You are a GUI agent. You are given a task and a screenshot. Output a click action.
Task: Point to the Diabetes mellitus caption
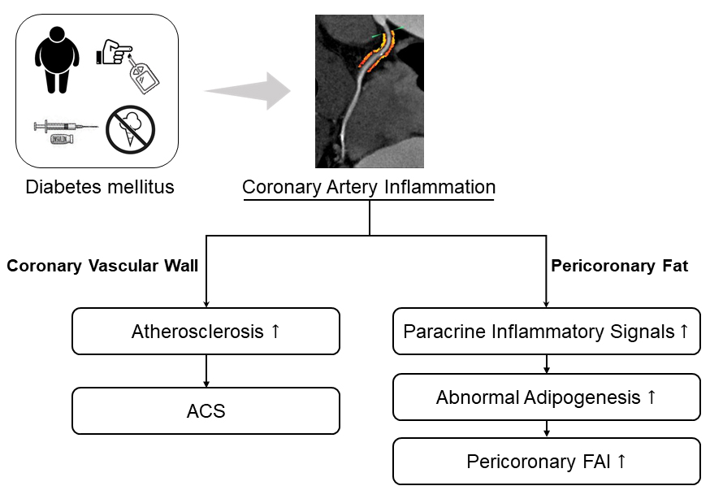(100, 188)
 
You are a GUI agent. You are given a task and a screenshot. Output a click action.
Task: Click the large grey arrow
(247, 90)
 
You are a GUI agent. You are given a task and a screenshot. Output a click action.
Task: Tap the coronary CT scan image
(369, 90)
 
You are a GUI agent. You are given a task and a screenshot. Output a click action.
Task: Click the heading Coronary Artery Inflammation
(369, 188)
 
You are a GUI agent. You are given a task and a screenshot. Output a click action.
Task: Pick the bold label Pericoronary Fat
(620, 266)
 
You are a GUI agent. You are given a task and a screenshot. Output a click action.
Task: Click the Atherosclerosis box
(206, 331)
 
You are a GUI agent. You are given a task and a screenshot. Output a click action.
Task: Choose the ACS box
(206, 410)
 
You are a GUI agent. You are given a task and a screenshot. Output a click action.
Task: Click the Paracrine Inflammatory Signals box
(547, 331)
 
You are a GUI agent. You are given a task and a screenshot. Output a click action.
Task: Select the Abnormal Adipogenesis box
(547, 397)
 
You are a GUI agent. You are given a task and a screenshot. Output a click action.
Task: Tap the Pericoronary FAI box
(547, 462)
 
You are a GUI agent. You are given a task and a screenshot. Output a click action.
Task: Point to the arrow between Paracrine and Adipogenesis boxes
(548, 364)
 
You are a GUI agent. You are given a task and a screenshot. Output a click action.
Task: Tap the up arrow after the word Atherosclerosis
(275, 331)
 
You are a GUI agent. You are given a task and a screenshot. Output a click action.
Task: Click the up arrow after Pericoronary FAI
(621, 462)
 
